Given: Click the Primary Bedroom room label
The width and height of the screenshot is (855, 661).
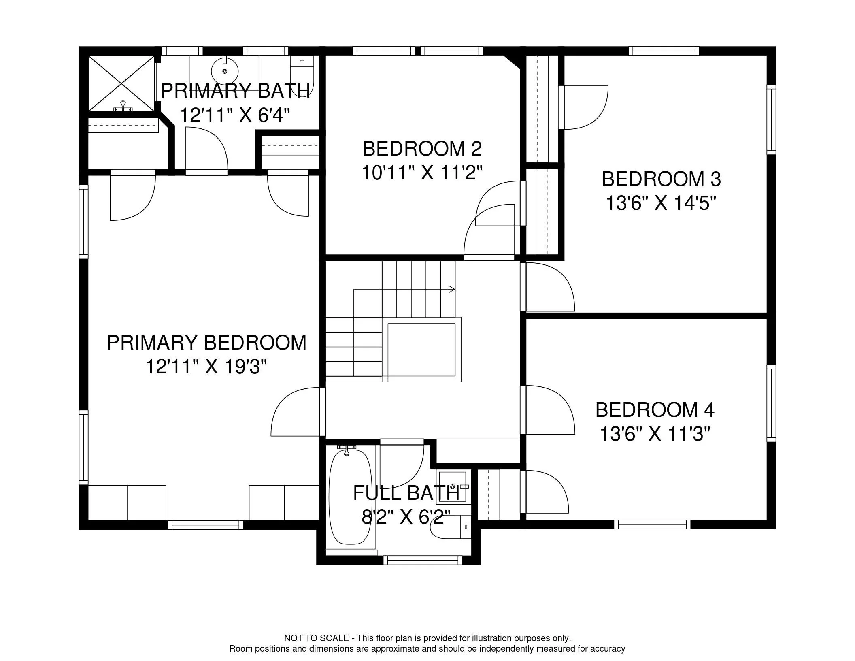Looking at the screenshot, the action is click(206, 343).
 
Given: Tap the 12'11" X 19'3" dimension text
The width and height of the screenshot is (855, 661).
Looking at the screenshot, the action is click(206, 367).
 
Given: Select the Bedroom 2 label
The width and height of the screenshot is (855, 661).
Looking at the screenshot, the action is click(422, 149).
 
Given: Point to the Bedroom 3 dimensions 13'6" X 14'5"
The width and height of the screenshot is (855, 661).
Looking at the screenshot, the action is click(661, 203).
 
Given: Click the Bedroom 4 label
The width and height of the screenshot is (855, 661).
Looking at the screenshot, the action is click(655, 410).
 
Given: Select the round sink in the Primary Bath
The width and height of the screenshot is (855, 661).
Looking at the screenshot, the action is click(225, 71).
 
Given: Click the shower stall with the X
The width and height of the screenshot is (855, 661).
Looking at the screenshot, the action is click(121, 83).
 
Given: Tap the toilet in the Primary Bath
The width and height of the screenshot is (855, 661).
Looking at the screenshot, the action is click(302, 73).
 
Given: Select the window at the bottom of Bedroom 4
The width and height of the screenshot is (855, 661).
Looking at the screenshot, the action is click(652, 525).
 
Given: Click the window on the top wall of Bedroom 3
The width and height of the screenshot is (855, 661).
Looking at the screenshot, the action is click(664, 51).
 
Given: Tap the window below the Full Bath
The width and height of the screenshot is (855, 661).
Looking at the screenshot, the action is click(423, 560).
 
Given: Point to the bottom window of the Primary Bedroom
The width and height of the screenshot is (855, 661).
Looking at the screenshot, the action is click(206, 525).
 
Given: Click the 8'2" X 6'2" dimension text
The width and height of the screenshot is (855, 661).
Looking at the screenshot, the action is click(406, 517).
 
